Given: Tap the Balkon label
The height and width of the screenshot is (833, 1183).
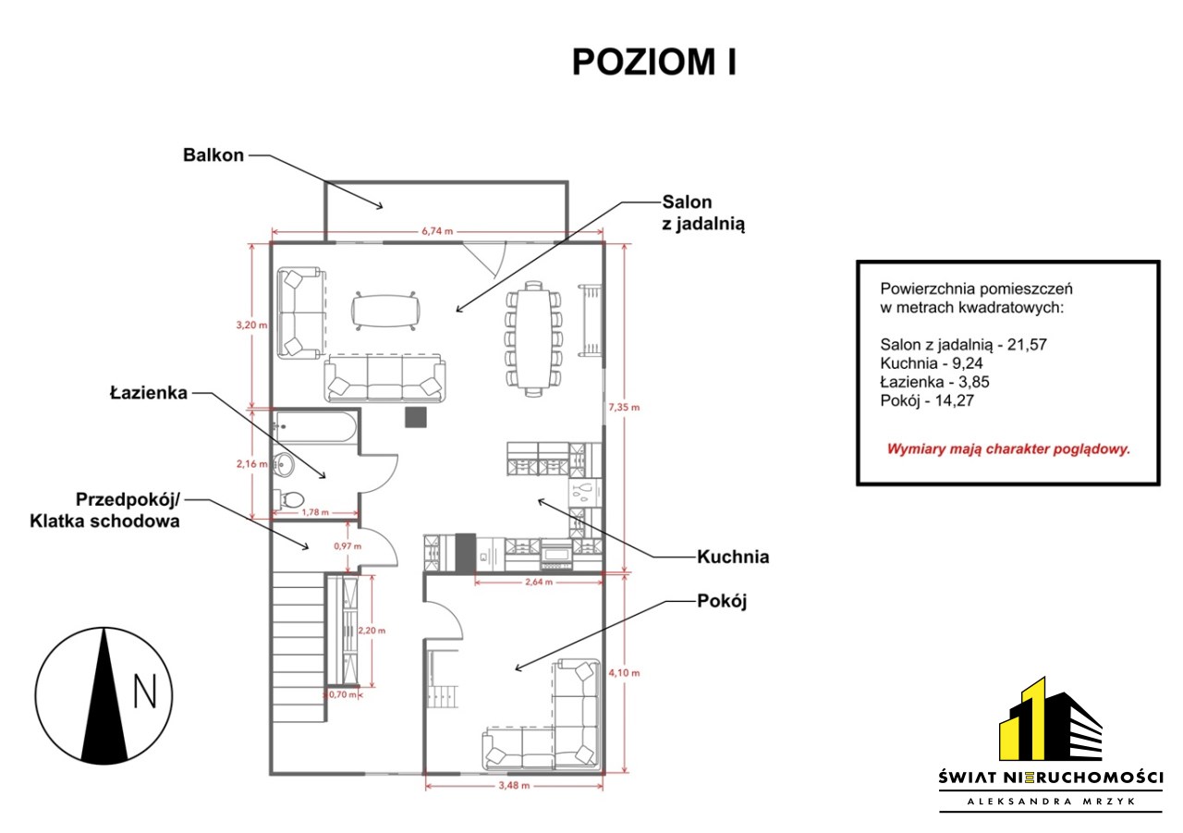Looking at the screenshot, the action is pyautogui.click(x=213, y=154).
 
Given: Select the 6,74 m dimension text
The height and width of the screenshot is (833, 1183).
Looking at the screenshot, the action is pyautogui.click(x=437, y=231).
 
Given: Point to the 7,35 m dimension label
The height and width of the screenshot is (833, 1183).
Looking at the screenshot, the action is pyautogui.click(x=624, y=408).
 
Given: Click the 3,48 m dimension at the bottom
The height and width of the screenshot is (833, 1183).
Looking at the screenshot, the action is pyautogui.click(x=514, y=786).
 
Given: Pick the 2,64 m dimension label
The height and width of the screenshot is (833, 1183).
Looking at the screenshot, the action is pyautogui.click(x=539, y=582).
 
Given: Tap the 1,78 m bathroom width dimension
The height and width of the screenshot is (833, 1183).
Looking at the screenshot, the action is pyautogui.click(x=315, y=512).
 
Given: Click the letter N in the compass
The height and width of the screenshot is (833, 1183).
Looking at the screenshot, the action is pyautogui.click(x=145, y=692).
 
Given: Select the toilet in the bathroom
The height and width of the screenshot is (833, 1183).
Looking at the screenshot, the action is pyautogui.click(x=288, y=497).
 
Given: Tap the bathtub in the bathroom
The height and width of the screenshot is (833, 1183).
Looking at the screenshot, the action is pyautogui.click(x=316, y=427).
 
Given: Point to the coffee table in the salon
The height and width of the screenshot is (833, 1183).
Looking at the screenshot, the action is pyautogui.click(x=385, y=311).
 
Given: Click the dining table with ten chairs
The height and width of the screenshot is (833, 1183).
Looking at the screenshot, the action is pyautogui.click(x=533, y=338).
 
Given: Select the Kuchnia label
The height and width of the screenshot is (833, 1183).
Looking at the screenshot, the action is pyautogui.click(x=733, y=557).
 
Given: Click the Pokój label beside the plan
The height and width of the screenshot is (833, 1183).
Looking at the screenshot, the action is pyautogui.click(x=722, y=601).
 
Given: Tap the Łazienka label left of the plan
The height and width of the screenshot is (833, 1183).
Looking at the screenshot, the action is pyautogui.click(x=149, y=393).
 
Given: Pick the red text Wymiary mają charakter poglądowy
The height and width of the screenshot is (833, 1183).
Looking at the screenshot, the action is pyautogui.click(x=1007, y=449).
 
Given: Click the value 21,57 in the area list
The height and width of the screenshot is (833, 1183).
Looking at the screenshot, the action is pyautogui.click(x=1027, y=345).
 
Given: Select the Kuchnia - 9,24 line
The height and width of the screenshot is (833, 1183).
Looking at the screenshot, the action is pyautogui.click(x=931, y=363).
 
